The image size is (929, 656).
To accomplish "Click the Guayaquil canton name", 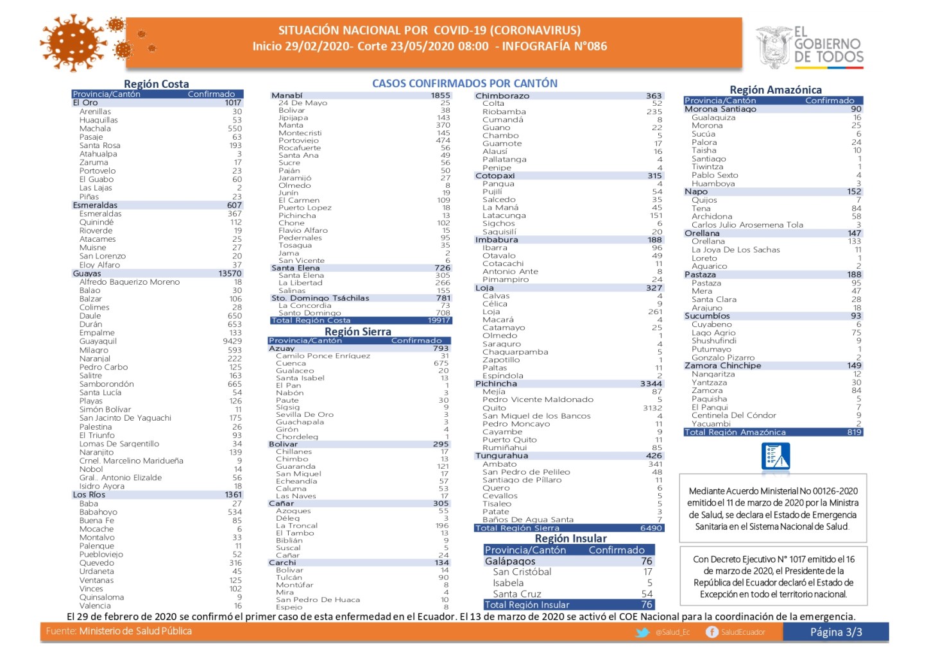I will tap(98, 342).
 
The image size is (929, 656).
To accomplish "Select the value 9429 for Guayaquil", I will tap(232, 342).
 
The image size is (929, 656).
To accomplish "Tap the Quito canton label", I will tap(494, 408).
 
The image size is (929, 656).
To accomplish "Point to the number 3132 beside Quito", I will tap(652, 408).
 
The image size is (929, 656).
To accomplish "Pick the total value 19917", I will tap(439, 321).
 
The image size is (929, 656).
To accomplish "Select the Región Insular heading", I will tap(570, 539).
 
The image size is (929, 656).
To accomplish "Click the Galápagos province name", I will tap(509, 561).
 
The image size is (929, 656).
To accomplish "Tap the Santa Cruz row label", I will tap(516, 594).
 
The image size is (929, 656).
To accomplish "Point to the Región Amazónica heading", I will tap(775, 90).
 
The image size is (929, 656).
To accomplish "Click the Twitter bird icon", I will tap(642, 632).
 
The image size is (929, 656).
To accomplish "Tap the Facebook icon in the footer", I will tap(712, 632).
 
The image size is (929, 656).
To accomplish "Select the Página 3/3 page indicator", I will tap(835, 632).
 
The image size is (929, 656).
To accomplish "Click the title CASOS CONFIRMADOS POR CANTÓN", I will tap(464, 83).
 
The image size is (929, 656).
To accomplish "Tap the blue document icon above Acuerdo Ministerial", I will tap(775, 457).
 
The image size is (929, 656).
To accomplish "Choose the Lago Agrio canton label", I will tap(713, 333).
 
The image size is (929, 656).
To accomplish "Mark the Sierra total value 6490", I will tap(651, 528).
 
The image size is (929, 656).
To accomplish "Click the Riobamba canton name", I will tap(504, 112).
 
